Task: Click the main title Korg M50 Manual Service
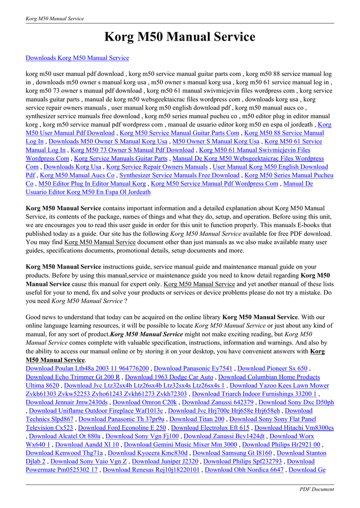pos(180,37)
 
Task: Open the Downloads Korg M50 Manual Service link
pos(77,58)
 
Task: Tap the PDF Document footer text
pos(316,489)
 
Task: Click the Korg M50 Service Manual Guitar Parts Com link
pos(179,133)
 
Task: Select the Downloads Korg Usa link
pos(72,167)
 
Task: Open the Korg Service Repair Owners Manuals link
pos(157,167)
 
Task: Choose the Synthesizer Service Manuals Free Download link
pos(179,175)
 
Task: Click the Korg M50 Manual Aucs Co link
pos(77,175)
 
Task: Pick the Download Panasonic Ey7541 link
pos(193,368)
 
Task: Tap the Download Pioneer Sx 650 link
pos(273,368)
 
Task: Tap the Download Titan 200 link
pos(197,419)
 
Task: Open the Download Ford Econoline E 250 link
pos(122,428)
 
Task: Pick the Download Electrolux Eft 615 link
pos(210,428)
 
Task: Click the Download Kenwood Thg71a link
pos(64,453)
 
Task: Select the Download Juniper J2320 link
pos(162,461)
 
